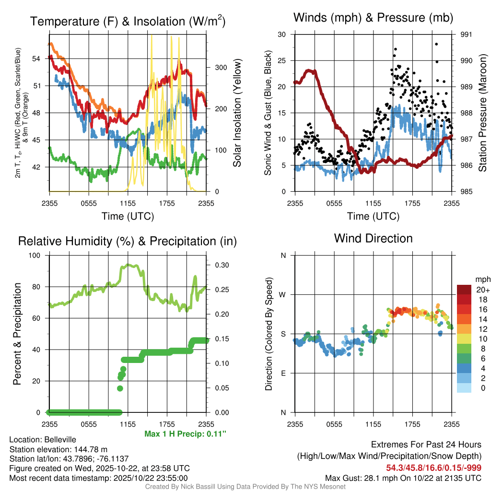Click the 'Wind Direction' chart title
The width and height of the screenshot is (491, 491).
[373, 238]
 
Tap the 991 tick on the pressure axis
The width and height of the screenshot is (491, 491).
[466, 35]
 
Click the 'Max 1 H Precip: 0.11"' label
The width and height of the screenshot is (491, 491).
[185, 434]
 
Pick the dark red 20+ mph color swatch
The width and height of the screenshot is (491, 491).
[464, 290]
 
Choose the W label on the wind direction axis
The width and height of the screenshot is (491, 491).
[283, 294]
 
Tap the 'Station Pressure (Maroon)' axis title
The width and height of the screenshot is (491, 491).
[482, 113]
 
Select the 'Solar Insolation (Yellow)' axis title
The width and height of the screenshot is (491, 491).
[237, 113]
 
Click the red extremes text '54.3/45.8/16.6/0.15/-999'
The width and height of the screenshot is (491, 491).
[433, 468]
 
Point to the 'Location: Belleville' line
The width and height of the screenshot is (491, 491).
[43, 440]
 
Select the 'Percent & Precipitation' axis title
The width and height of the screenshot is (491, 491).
[17, 334]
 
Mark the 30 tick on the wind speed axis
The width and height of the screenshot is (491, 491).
[282, 35]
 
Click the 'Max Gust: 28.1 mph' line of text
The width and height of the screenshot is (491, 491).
[403, 478]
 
